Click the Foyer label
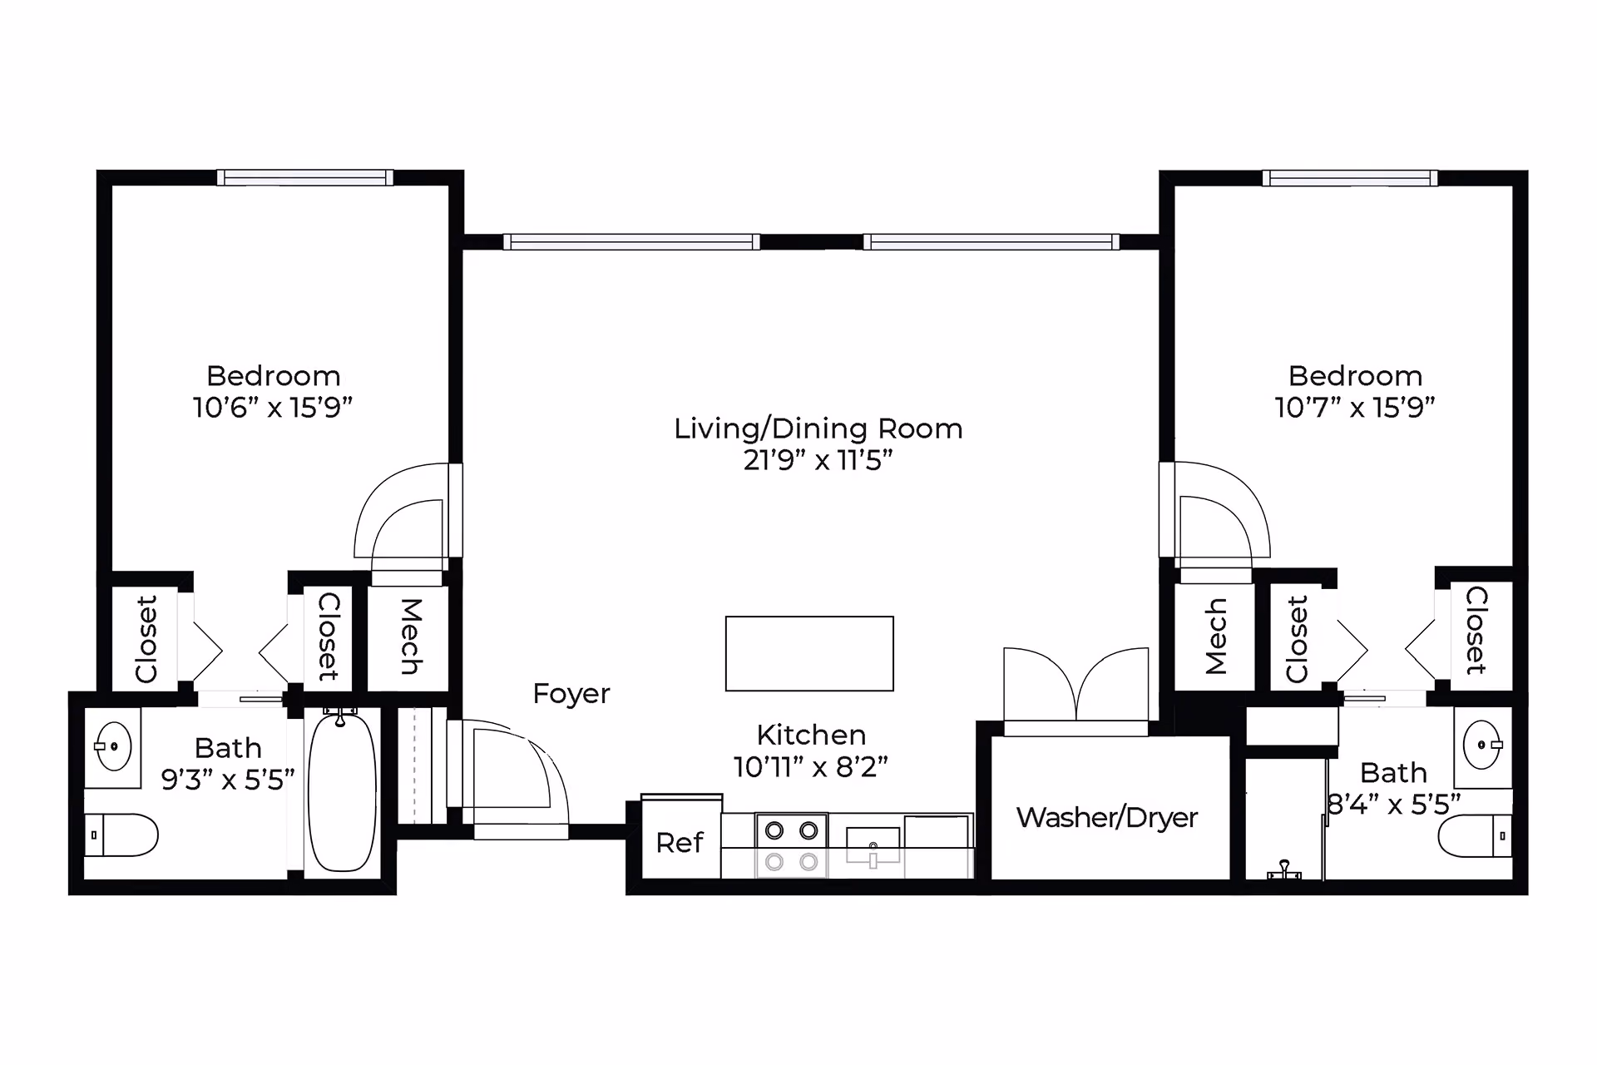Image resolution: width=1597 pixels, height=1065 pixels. click(571, 693)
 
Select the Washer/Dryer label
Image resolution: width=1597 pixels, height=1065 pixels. click(1106, 817)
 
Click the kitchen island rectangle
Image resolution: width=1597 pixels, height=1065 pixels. click(809, 653)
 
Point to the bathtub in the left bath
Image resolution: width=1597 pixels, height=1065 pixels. click(342, 790)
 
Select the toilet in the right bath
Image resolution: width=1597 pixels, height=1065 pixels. click(1476, 835)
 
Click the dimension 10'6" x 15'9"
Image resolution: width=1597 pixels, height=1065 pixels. click(273, 408)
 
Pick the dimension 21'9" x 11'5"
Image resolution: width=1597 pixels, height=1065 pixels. click(818, 460)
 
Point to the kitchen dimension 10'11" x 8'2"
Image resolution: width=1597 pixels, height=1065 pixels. click(811, 766)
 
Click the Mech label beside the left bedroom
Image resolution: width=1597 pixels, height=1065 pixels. click(410, 637)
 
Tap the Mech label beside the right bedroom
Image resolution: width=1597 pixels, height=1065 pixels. click(1215, 637)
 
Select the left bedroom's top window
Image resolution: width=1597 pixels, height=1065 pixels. click(305, 177)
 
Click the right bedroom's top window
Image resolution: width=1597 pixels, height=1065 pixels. click(1350, 177)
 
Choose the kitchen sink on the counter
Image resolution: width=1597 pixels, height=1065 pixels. click(873, 847)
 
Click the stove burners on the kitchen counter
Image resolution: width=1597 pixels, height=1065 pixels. click(791, 846)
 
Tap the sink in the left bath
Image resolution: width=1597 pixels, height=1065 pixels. click(113, 746)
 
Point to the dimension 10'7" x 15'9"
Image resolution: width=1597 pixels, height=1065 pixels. click(1355, 408)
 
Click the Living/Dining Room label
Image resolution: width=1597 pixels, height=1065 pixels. click(818, 428)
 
